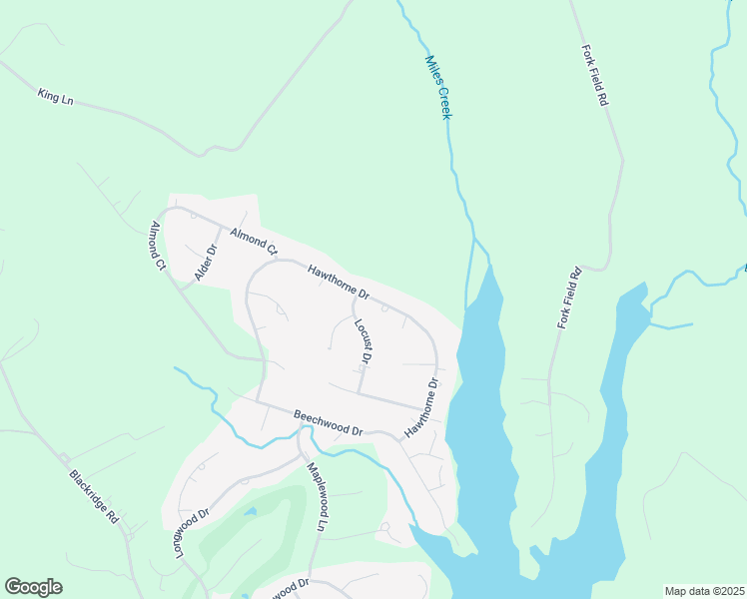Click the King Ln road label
(55, 96)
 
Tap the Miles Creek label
(439, 87)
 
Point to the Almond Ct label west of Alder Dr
(157, 246)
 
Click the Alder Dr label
(205, 263)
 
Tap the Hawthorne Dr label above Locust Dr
(339, 283)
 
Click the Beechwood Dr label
(328, 422)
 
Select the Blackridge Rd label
(95, 494)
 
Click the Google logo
(33, 587)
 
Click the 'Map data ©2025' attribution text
(704, 591)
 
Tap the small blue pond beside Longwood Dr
(249, 512)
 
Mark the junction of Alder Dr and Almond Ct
(221, 228)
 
